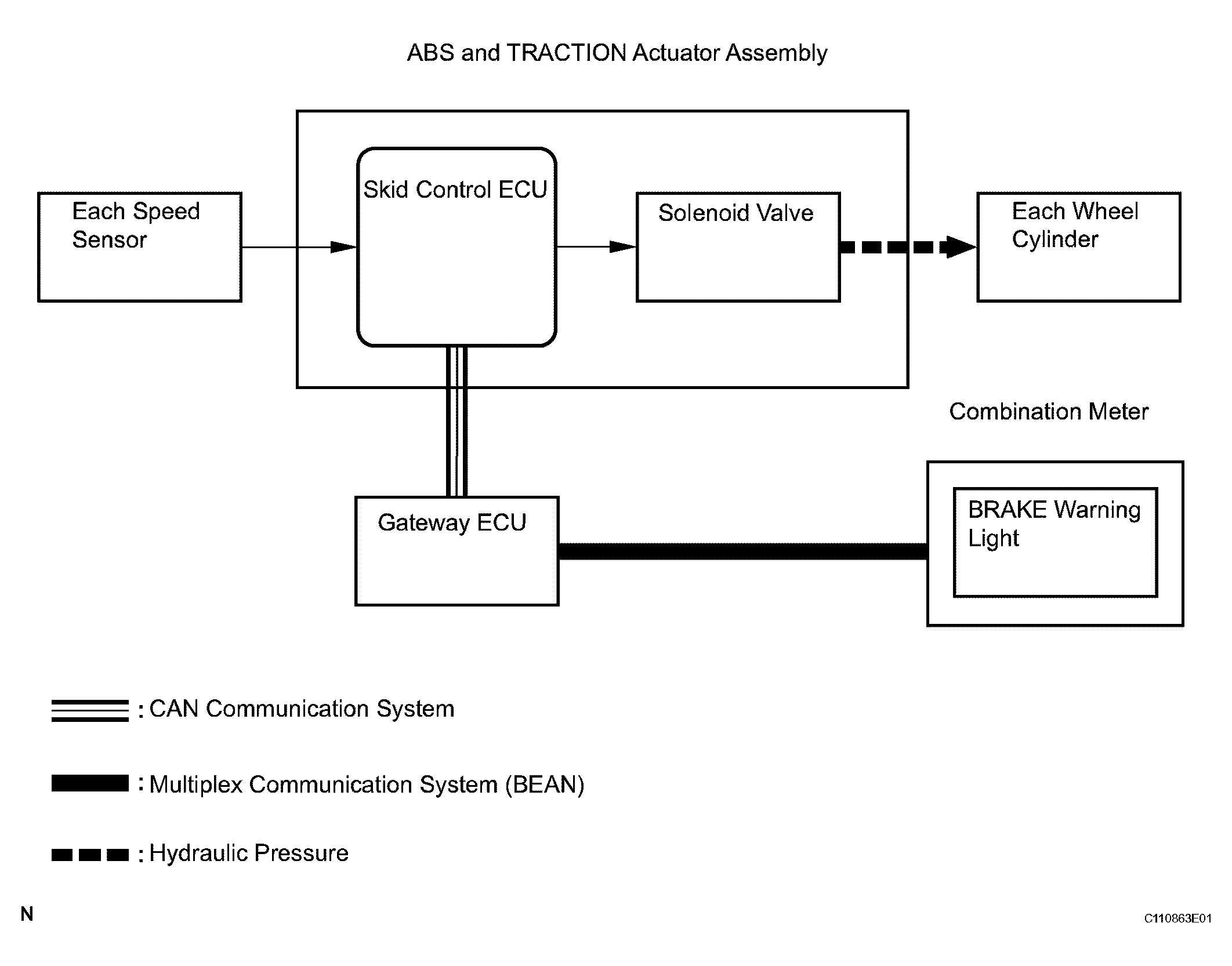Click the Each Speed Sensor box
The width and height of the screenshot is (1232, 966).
[x=139, y=246]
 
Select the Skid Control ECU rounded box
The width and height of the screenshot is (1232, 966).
[x=456, y=248]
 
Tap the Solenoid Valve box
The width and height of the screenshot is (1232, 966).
[x=738, y=247]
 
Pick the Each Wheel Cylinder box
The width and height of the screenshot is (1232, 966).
[x=1078, y=246]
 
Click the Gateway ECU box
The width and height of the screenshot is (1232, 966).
[x=456, y=551]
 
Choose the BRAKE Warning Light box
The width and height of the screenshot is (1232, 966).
[x=1055, y=542]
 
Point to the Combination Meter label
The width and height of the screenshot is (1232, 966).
[x=1048, y=412]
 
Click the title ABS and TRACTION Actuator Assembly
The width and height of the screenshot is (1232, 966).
[x=617, y=53]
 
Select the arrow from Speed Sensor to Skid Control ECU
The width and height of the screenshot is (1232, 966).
[x=299, y=248]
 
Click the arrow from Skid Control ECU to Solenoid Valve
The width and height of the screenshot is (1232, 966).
[x=596, y=247]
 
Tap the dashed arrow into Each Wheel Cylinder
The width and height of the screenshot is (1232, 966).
[x=908, y=248]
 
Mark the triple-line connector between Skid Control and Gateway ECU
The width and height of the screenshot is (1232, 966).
[x=456, y=422]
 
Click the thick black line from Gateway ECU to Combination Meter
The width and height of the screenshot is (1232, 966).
[x=742, y=551]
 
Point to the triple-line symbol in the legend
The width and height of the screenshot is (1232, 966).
[x=90, y=711]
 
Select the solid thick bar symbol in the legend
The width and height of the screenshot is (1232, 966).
[x=90, y=783]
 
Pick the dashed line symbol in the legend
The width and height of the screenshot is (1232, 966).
[x=90, y=855]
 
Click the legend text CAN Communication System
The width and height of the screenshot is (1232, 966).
[x=302, y=709]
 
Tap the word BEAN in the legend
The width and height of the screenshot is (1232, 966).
[x=544, y=785]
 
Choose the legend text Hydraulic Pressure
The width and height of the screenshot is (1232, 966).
[x=249, y=854]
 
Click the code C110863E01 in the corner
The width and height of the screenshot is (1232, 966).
[x=1177, y=918]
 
